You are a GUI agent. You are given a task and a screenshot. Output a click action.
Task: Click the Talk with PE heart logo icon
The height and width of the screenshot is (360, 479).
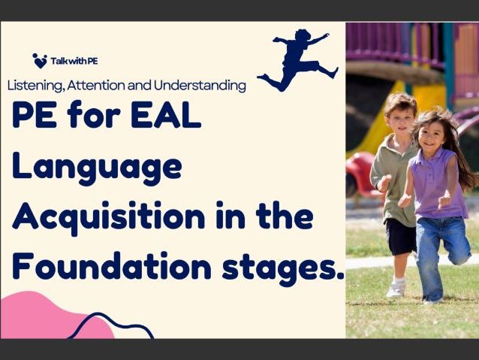[x=40, y=61]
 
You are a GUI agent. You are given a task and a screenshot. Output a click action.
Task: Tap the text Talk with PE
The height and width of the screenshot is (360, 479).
[x=71, y=62]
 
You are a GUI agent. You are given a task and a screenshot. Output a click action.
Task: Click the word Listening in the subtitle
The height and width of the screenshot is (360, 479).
[x=35, y=86]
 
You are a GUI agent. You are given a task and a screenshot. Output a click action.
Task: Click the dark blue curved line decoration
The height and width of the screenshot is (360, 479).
[x=113, y=325]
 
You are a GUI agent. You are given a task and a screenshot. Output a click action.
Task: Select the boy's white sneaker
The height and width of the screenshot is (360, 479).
[x=396, y=288]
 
